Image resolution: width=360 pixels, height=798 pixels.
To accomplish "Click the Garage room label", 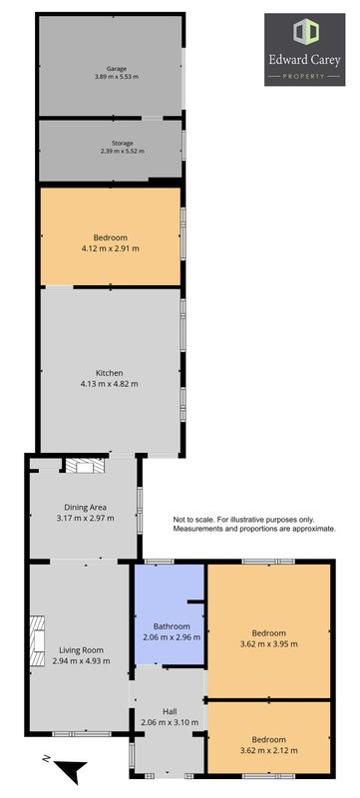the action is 117,68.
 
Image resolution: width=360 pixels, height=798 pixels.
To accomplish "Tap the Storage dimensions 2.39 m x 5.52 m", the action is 123,152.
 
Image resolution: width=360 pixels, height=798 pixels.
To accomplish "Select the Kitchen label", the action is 110,372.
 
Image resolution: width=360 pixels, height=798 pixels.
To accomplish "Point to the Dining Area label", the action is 85,507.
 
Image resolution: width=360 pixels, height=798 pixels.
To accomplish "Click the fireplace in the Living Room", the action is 37,632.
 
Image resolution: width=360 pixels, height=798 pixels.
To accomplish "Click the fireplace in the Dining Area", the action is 85,465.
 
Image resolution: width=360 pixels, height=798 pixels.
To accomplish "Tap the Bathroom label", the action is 172,626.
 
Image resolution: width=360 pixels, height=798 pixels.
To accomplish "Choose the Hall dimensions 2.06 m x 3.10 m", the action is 170,721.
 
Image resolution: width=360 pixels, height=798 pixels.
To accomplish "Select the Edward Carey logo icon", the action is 305,31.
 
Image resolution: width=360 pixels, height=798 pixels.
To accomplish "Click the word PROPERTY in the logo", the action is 304,77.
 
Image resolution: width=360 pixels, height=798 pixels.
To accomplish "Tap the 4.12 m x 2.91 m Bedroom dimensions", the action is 110,248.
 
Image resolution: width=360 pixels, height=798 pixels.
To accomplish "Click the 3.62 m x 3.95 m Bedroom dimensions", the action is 268,643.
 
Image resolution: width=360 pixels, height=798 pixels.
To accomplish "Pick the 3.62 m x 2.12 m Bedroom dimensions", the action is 268,750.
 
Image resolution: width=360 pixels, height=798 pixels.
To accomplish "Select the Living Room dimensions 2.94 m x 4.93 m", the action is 82,660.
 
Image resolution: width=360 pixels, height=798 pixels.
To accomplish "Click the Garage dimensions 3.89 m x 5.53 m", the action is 117,77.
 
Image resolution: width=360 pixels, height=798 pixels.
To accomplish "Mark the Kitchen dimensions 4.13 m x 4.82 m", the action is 110,384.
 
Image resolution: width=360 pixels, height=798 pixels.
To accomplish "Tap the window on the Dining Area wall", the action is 140,510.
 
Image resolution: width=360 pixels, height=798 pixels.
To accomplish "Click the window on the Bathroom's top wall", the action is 160,562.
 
